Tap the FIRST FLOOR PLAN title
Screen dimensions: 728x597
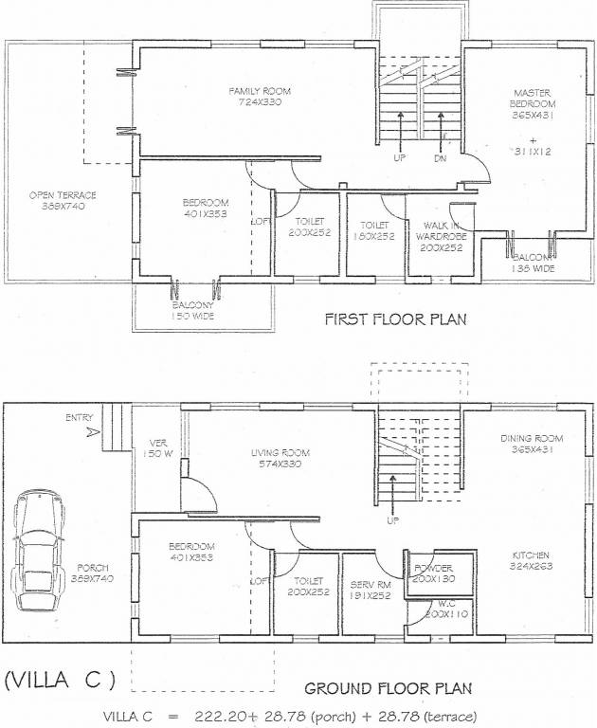pos(396,319)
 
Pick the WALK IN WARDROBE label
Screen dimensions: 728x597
pos(441,230)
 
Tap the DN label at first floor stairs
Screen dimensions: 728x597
pos(440,158)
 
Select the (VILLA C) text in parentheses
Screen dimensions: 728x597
pos(60,679)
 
